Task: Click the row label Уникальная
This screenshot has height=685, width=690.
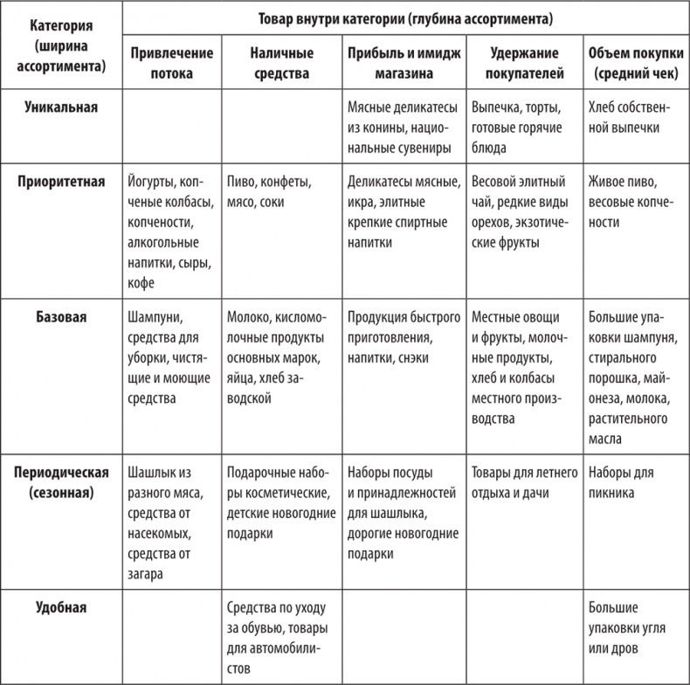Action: pos(61,107)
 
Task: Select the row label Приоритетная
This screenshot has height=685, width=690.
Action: pos(61,182)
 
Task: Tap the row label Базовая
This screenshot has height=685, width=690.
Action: pos(61,316)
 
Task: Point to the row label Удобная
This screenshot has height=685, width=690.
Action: pos(61,605)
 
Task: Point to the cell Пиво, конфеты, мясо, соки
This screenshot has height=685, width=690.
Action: pos(273,192)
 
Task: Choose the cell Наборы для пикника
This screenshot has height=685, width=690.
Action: pos(621,483)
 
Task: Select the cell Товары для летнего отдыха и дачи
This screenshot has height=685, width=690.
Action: pos(524,483)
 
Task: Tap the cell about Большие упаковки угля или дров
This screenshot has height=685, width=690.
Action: pos(619,627)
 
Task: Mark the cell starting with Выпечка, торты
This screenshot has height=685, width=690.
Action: pos(522,128)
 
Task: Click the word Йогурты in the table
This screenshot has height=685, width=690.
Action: pos(150,183)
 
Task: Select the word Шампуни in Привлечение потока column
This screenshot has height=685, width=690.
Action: pos(155,317)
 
